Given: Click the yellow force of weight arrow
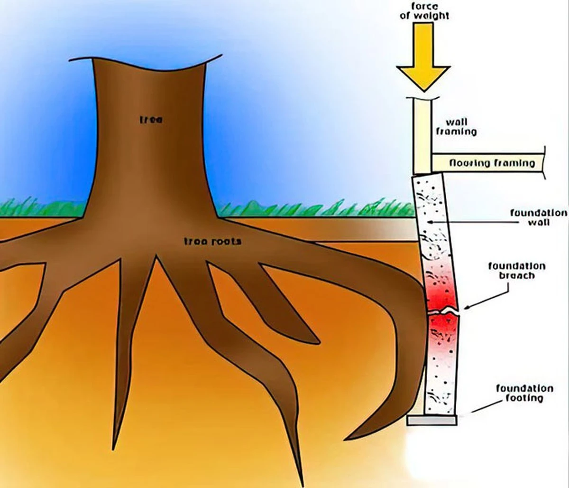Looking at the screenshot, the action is pyautogui.click(x=423, y=56).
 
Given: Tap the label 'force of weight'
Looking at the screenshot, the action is pyautogui.click(x=424, y=11).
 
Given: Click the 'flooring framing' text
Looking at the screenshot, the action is pyautogui.click(x=492, y=163).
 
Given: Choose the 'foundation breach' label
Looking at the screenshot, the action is pyautogui.click(x=517, y=271).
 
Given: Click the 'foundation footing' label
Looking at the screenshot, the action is pyautogui.click(x=525, y=393).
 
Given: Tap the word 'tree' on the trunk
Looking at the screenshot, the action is pyautogui.click(x=151, y=120).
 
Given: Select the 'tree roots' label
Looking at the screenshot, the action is pyautogui.click(x=213, y=241).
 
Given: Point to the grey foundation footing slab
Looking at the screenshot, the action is pyautogui.click(x=431, y=421).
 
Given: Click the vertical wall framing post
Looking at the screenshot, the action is pyautogui.click(x=422, y=137).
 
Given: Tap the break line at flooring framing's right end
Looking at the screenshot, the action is pyautogui.click(x=544, y=163).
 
